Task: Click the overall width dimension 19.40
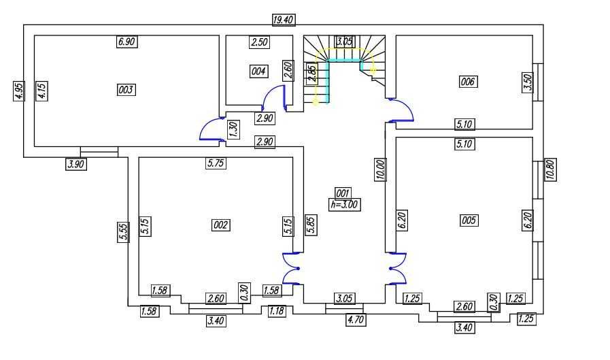(283, 20)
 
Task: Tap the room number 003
(126, 89)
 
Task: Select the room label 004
(258, 71)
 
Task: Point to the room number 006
(468, 82)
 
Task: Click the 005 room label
(469, 220)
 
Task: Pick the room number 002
(221, 225)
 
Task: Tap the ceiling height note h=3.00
(343, 203)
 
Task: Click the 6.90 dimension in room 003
(127, 42)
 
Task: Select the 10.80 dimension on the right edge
(550, 169)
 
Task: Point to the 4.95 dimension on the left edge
(18, 91)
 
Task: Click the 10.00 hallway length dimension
(380, 169)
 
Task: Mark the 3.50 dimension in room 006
(526, 82)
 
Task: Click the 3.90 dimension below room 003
(75, 163)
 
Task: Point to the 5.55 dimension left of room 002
(122, 232)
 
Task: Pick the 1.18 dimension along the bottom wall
(276, 311)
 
